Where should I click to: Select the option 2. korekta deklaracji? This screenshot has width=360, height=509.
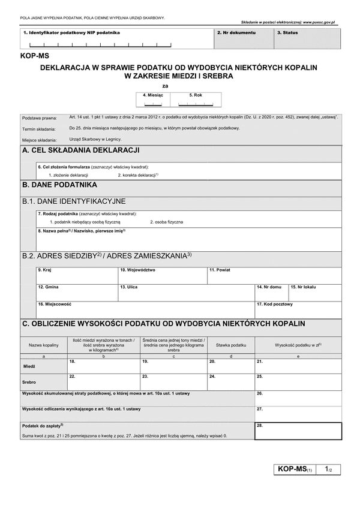point(137,174)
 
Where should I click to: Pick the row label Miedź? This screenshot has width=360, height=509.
point(29,366)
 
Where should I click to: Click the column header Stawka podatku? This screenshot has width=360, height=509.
point(231,345)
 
